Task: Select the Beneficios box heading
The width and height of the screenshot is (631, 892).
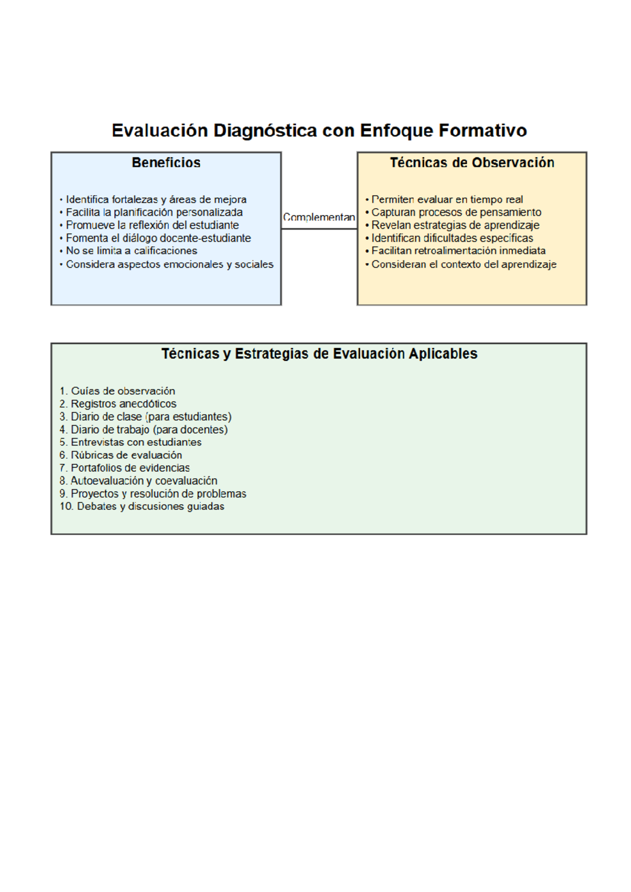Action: point(166,163)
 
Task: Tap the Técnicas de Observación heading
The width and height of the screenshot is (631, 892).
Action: point(472,163)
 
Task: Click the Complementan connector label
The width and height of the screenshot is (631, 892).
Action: point(319,217)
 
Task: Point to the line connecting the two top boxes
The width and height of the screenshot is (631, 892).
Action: point(319,229)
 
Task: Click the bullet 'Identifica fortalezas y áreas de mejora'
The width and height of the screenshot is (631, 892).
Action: point(156,199)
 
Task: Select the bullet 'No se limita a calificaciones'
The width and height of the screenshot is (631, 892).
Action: point(131,251)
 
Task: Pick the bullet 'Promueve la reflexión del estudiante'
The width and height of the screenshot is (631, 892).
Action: point(152,225)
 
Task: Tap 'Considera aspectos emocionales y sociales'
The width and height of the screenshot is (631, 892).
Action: point(169,264)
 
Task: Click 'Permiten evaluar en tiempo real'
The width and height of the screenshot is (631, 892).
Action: point(447,199)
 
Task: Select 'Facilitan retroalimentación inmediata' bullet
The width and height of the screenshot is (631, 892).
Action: point(458,251)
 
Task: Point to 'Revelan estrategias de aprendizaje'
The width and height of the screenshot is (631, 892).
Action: point(455,225)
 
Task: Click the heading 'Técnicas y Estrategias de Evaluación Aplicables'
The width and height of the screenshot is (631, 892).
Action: point(319,353)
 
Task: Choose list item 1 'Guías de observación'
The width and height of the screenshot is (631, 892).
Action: point(123,391)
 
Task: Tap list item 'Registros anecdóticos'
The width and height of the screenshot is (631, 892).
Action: point(123,404)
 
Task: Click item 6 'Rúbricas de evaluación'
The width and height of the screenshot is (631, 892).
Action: point(126,455)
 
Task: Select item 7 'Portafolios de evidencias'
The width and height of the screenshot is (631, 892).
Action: point(130,468)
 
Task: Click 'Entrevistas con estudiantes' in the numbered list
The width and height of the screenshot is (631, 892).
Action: point(136,442)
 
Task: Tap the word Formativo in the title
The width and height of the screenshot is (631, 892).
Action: point(482,130)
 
